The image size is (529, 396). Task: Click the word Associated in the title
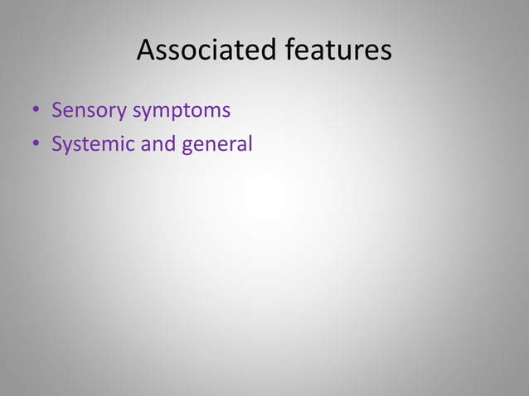[207, 51]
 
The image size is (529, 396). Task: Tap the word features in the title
[338, 51]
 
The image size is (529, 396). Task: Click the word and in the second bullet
[155, 144]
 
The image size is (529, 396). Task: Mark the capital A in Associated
[146, 51]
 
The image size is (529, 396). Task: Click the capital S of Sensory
[57, 110]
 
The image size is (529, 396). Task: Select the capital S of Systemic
[57, 144]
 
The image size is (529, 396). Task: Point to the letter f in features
[290, 50]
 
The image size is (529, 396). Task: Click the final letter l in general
[249, 143]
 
